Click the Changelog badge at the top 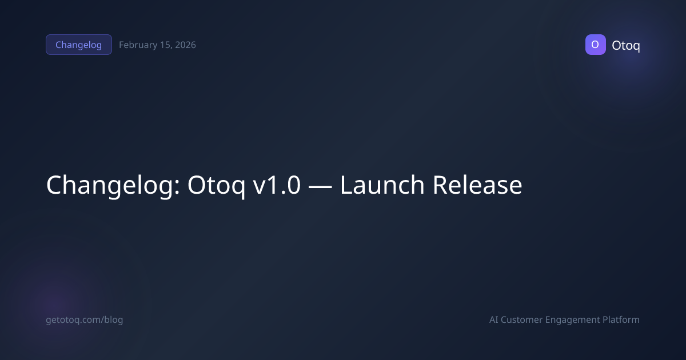pyautogui.click(x=78, y=45)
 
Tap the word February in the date pyautogui.click(x=137, y=45)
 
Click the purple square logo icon pyautogui.click(x=595, y=45)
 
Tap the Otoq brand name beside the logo pyautogui.click(x=625, y=45)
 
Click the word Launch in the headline pyautogui.click(x=382, y=185)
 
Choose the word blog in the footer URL pyautogui.click(x=113, y=320)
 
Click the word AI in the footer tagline pyautogui.click(x=494, y=320)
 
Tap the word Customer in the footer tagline pyautogui.click(x=522, y=320)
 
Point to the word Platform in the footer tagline pyautogui.click(x=621, y=320)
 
